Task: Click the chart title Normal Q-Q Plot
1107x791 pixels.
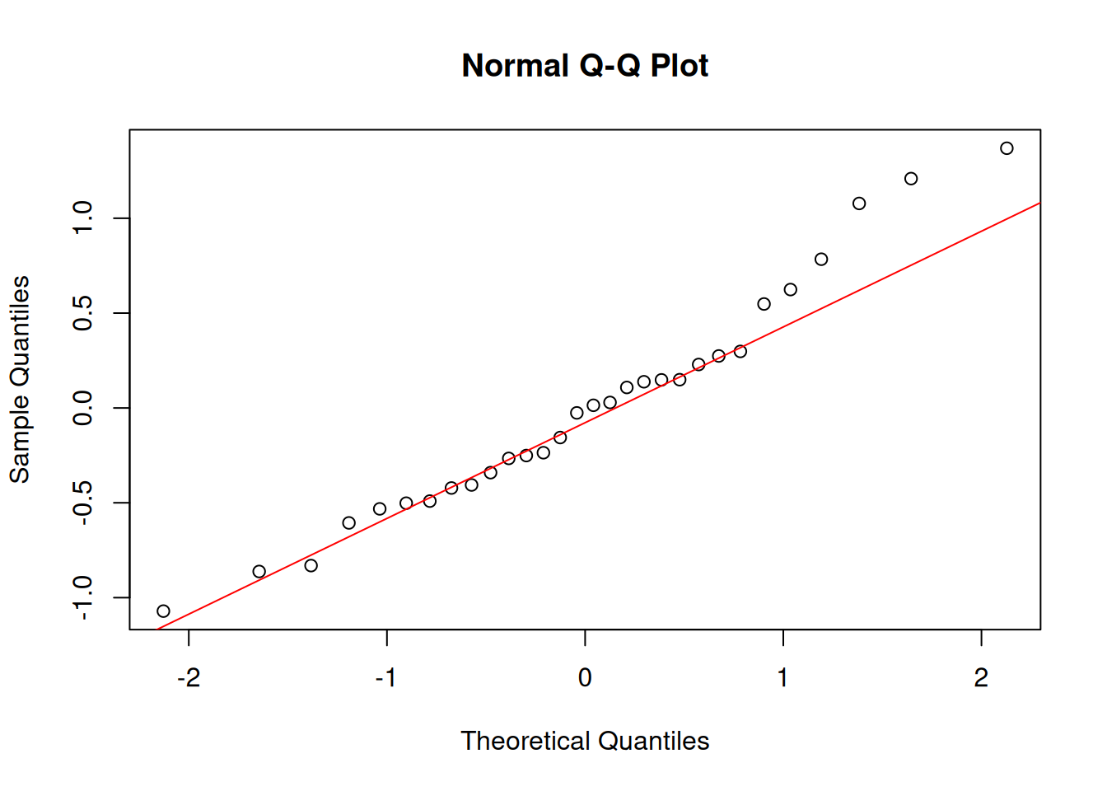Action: (x=585, y=66)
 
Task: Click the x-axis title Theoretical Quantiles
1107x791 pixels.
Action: (x=585, y=741)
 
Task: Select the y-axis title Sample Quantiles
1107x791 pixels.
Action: (x=20, y=379)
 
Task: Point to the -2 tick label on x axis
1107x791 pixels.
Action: (x=189, y=677)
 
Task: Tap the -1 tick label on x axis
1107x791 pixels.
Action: (x=386, y=677)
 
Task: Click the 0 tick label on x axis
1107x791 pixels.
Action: (x=585, y=677)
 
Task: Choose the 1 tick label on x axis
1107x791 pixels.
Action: (x=782, y=677)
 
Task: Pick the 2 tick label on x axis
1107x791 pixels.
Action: (x=981, y=677)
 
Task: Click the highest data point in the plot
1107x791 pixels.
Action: (x=1007, y=148)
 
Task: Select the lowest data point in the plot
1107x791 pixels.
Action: (x=163, y=611)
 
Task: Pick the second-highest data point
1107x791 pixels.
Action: (x=911, y=179)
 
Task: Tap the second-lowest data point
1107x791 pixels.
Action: (x=259, y=572)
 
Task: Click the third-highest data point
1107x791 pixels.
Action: (x=859, y=204)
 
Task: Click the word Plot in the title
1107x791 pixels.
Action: (x=680, y=66)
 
